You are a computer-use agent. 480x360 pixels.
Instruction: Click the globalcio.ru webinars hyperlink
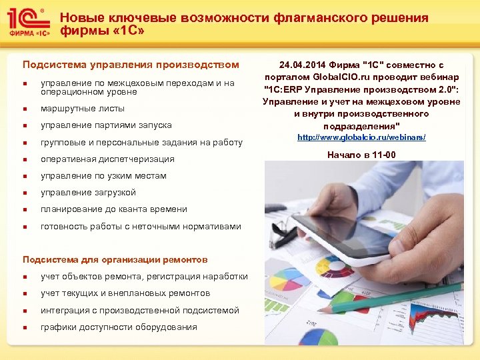tap(361, 137)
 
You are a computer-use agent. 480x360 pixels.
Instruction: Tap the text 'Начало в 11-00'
tap(361, 155)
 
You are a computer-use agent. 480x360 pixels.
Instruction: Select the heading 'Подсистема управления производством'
tap(131, 65)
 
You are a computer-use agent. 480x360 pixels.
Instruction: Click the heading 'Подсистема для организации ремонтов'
tap(115, 259)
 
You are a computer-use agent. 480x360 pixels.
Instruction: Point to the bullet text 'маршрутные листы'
tap(83, 108)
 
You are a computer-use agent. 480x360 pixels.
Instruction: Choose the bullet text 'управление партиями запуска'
tap(106, 125)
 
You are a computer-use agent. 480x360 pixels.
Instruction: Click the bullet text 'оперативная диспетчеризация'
tap(107, 159)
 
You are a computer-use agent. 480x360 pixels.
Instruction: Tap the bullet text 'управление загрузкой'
tap(88, 193)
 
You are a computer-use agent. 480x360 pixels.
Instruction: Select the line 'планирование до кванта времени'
tap(113, 209)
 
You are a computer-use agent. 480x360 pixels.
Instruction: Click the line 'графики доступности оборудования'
tap(119, 327)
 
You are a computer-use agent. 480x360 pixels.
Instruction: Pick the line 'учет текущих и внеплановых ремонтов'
tap(125, 293)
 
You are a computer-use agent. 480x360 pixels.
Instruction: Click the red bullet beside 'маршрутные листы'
tap(25, 109)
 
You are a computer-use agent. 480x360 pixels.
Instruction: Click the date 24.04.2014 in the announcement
tap(301, 65)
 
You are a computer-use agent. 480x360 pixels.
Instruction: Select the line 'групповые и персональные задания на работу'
tap(141, 142)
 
